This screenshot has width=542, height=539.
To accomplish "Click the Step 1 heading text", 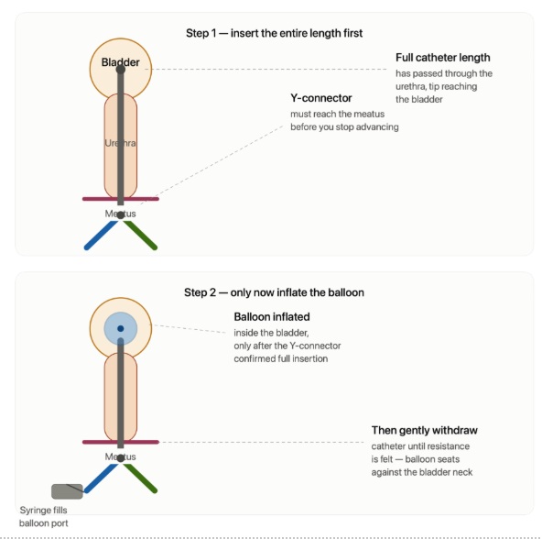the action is pyautogui.click(x=274, y=33).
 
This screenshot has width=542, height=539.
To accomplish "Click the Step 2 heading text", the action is pyautogui.click(x=274, y=292).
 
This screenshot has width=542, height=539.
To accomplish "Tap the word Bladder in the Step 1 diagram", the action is pyautogui.click(x=120, y=62).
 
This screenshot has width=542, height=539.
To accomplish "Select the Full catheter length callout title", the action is pyautogui.click(x=443, y=58).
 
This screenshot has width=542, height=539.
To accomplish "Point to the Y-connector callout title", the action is pyautogui.click(x=321, y=98).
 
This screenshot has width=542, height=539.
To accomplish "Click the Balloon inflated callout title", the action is pyautogui.click(x=272, y=317).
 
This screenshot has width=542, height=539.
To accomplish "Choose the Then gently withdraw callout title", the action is pyautogui.click(x=425, y=430).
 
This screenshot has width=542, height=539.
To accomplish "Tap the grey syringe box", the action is pyautogui.click(x=67, y=491).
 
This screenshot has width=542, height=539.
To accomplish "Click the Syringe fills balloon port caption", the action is pyautogui.click(x=44, y=516).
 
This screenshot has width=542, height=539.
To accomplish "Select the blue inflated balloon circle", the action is pyautogui.click(x=121, y=329).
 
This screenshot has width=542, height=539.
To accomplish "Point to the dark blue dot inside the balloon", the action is pyautogui.click(x=120, y=328).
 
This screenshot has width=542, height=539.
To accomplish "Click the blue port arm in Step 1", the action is pyautogui.click(x=101, y=236).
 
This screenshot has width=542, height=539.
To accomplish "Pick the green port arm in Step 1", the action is pyautogui.click(x=140, y=236).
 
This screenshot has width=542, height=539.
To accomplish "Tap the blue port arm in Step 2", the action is pyautogui.click(x=101, y=478).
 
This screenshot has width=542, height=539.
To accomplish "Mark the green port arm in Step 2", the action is pyautogui.click(x=140, y=478).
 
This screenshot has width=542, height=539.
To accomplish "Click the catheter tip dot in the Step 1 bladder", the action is pyautogui.click(x=120, y=70).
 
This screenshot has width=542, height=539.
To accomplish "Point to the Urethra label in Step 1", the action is pyautogui.click(x=120, y=143).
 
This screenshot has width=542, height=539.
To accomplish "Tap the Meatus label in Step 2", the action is pyautogui.click(x=120, y=456).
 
